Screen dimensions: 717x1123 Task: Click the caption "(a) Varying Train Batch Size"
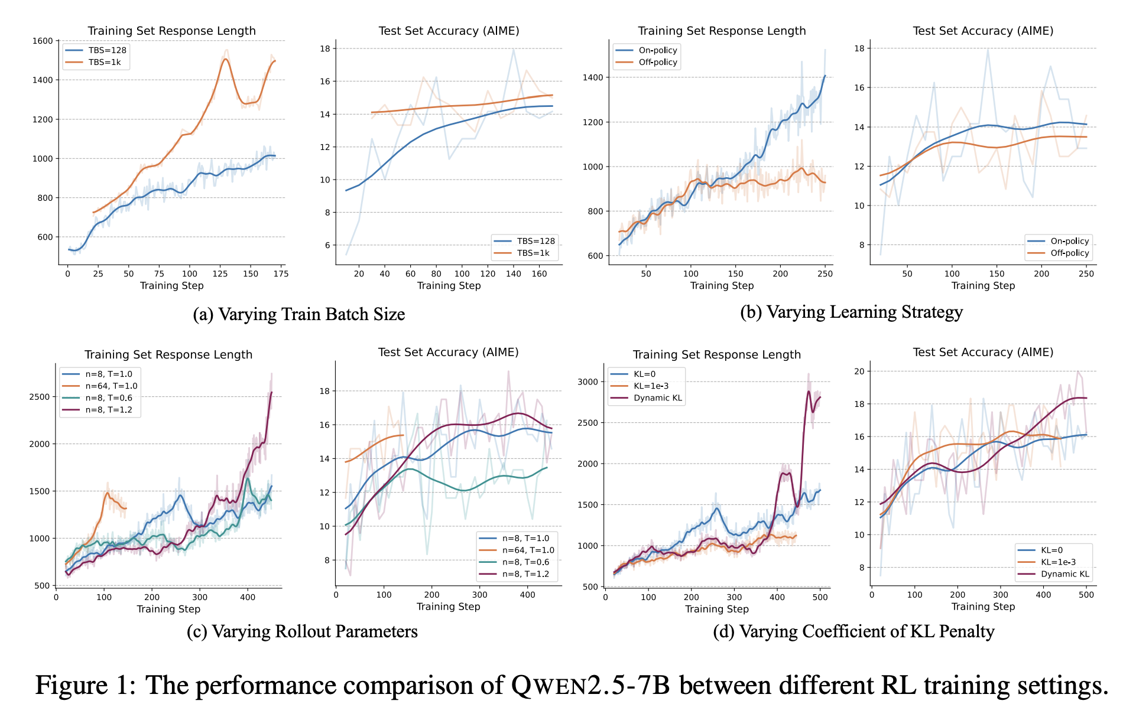pyautogui.click(x=298, y=314)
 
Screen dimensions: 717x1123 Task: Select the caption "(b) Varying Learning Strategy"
pyautogui.click(x=851, y=312)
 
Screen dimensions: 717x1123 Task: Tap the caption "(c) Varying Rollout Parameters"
pyautogui.click(x=302, y=631)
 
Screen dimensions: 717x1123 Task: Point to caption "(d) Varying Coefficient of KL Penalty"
pyautogui.click(x=853, y=631)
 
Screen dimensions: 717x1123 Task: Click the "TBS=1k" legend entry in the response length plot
pyautogui.click(x=104, y=62)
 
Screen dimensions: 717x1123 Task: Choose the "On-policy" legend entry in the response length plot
pyautogui.click(x=657, y=50)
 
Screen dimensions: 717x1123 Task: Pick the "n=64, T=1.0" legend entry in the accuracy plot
pyautogui.click(x=528, y=550)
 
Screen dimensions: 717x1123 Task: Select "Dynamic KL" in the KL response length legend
pyautogui.click(x=657, y=397)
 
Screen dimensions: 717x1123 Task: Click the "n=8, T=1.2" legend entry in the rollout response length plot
pyautogui.click(x=109, y=409)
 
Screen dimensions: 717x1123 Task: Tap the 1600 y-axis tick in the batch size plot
pyautogui.click(x=43, y=41)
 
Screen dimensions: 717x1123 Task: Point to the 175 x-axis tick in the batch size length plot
pyautogui.click(x=281, y=273)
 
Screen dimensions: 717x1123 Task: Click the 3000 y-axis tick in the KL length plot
pyautogui.click(x=588, y=382)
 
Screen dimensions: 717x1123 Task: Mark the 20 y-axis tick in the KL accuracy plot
pyautogui.click(x=859, y=371)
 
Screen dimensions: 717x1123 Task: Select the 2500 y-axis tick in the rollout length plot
pyautogui.click(x=40, y=397)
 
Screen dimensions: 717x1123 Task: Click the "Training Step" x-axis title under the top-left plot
pyautogui.click(x=171, y=286)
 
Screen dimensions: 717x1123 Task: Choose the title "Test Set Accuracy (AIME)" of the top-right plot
pyautogui.click(x=983, y=31)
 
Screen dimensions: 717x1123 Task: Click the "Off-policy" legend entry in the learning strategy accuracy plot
pyautogui.click(x=1069, y=253)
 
